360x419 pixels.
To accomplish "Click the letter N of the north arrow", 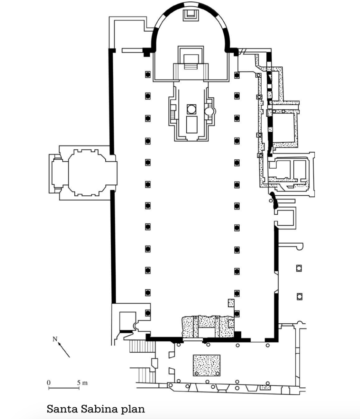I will (x=54, y=339).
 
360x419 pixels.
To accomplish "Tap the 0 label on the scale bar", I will (x=49, y=382).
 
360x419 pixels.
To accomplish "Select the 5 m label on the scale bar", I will (x=82, y=382).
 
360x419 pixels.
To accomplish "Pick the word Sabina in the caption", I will (x=99, y=409).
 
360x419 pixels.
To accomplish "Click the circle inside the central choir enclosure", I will (x=191, y=109).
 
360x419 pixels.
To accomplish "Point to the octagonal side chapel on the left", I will (x=84, y=172).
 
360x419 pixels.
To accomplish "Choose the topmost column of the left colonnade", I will (x=148, y=75).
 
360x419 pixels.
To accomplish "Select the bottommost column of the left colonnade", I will (x=148, y=313).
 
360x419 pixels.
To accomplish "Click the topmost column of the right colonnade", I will (x=237, y=75).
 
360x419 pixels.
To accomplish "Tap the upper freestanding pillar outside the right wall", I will (x=299, y=268).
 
